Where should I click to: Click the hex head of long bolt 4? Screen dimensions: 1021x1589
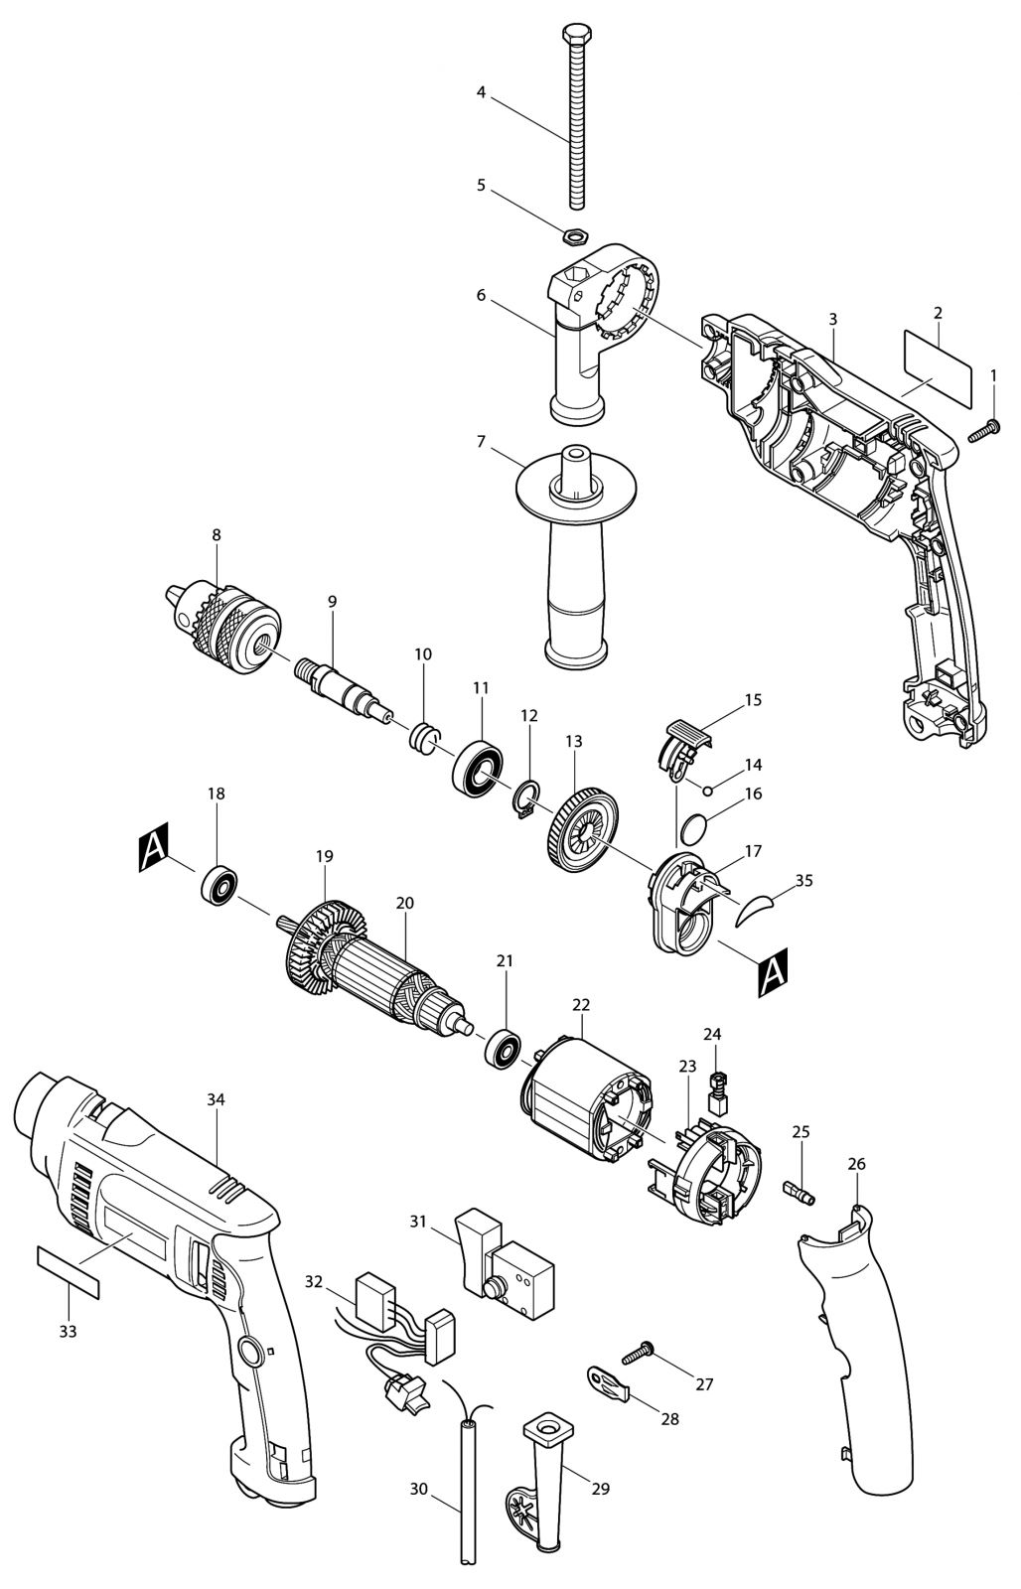click(573, 34)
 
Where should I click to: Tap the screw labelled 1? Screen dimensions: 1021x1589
click(985, 430)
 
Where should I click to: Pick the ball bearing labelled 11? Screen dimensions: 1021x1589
click(478, 768)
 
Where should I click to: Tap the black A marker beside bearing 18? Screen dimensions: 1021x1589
click(154, 847)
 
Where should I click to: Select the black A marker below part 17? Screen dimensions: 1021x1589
click(774, 971)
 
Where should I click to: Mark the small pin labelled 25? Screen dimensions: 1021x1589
click(800, 1193)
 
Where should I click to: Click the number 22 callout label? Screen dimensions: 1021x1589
click(581, 1005)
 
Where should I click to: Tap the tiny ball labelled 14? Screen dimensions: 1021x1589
click(707, 790)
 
